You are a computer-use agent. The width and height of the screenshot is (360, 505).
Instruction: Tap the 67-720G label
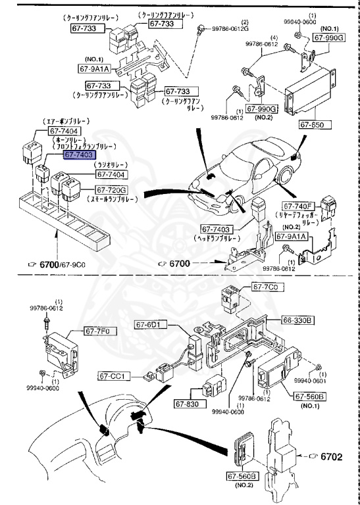(x=111, y=191)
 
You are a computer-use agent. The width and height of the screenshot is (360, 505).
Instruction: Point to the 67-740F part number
(x=300, y=205)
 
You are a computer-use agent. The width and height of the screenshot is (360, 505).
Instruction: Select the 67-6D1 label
(x=152, y=324)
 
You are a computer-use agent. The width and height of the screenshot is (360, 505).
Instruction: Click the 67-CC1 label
(x=115, y=376)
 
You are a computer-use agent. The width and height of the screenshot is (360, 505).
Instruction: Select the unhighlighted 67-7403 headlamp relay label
(x=211, y=229)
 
